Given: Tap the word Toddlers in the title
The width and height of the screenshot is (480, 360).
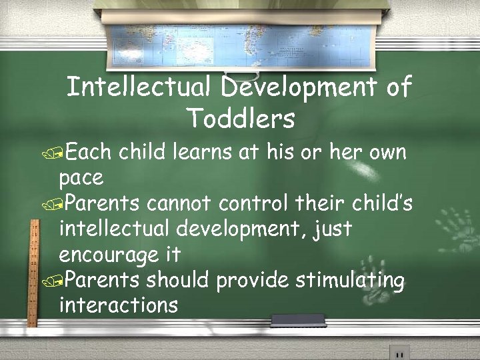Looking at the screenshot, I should coord(241,119).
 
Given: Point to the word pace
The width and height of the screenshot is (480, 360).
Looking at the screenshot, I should coord(81,178).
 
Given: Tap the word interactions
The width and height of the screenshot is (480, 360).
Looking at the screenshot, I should coord(119,306).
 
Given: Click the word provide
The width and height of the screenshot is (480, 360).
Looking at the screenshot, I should coord(253,281).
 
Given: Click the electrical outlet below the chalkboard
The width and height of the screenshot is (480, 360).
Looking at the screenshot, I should coord(399,351).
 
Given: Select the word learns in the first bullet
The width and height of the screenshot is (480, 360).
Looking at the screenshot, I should coord(206,153).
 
